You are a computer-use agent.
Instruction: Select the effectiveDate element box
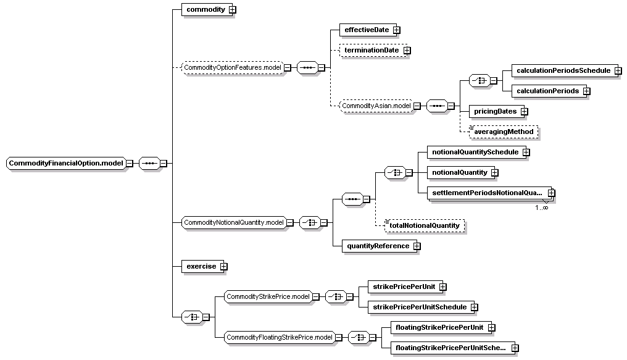pos(368,30)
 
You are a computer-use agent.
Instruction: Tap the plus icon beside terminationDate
pos(407,51)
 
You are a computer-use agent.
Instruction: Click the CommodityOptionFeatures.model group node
pos(233,67)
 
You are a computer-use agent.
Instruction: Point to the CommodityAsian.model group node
pos(376,106)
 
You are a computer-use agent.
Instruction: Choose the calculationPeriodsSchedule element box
pos(563,70)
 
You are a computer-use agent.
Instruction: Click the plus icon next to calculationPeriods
pos(587,91)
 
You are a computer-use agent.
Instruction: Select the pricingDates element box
pos(495,111)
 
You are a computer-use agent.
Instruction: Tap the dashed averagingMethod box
pos(504,132)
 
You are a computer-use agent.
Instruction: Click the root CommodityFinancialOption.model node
pos(66,163)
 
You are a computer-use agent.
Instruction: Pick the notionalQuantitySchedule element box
pos(475,152)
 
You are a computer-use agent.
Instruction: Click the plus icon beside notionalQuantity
pos(495,173)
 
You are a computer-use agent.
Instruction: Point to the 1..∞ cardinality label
pos(542,207)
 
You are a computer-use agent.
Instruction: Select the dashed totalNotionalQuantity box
pos(424,225)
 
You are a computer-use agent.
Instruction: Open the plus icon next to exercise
pos(223,266)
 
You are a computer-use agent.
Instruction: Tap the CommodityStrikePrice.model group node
pos(268,297)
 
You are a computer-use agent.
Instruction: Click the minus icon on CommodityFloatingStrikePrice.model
pos(339,338)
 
